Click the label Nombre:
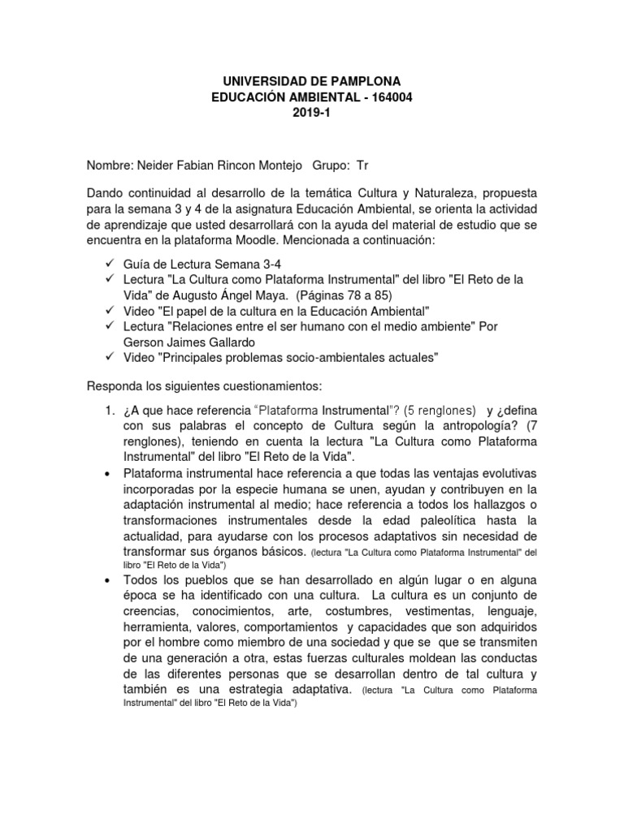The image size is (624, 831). (110, 166)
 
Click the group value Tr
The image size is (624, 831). (362, 166)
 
